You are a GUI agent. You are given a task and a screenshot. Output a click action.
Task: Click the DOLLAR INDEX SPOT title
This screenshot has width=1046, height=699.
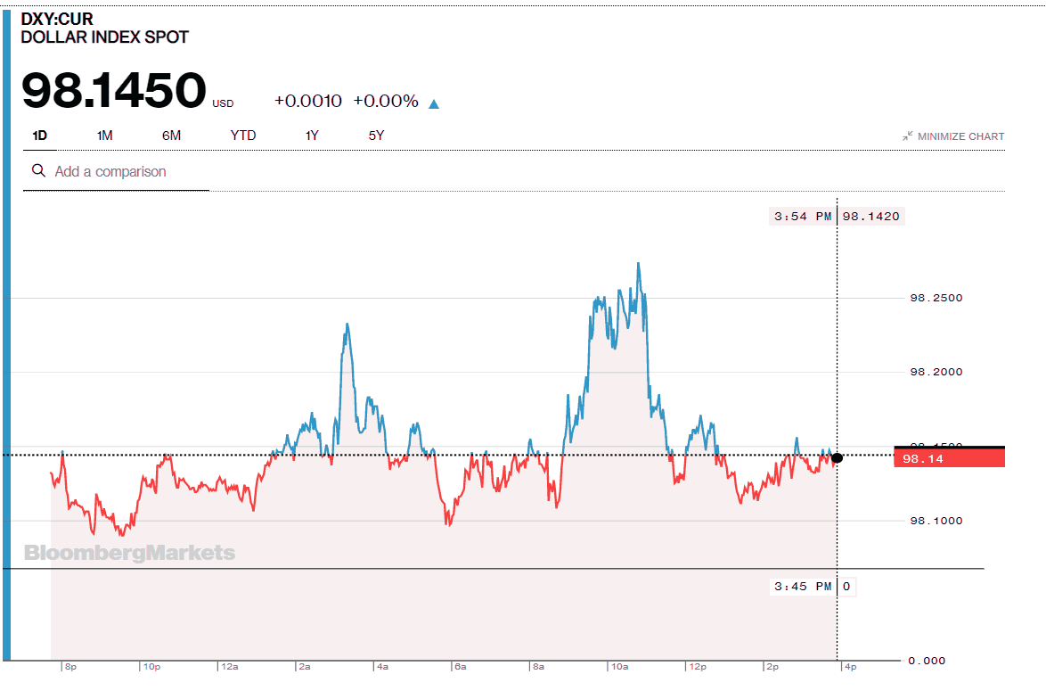tap(105, 37)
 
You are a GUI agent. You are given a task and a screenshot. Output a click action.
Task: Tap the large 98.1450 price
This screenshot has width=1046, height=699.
tap(114, 92)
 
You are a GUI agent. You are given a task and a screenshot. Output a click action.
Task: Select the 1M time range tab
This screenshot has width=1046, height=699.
tap(105, 136)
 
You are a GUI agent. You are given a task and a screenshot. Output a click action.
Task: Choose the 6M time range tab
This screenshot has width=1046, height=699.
tap(171, 136)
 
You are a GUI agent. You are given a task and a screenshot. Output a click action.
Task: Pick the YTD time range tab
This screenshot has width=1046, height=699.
tap(243, 136)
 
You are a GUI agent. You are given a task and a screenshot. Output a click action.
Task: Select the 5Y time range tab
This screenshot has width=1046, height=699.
tap(376, 136)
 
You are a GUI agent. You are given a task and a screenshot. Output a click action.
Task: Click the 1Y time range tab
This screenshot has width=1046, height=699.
tap(312, 136)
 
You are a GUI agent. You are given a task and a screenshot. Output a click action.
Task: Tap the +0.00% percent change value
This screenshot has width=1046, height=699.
tap(386, 101)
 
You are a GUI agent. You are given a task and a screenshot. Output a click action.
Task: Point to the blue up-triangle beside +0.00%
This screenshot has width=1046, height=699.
tap(434, 103)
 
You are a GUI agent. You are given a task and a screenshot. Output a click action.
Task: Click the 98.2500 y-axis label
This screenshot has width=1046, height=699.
tap(936, 298)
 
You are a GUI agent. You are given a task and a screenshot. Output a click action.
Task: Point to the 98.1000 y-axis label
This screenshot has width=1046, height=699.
tap(936, 521)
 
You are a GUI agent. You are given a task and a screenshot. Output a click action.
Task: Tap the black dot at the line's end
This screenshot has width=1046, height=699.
tap(837, 457)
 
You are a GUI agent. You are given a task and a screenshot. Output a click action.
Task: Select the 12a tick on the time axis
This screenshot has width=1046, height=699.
tap(229, 666)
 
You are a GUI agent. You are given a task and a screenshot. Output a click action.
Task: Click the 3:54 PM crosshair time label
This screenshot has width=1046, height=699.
tap(802, 216)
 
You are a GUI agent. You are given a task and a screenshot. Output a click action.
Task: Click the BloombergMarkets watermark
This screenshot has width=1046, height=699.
tap(130, 553)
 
